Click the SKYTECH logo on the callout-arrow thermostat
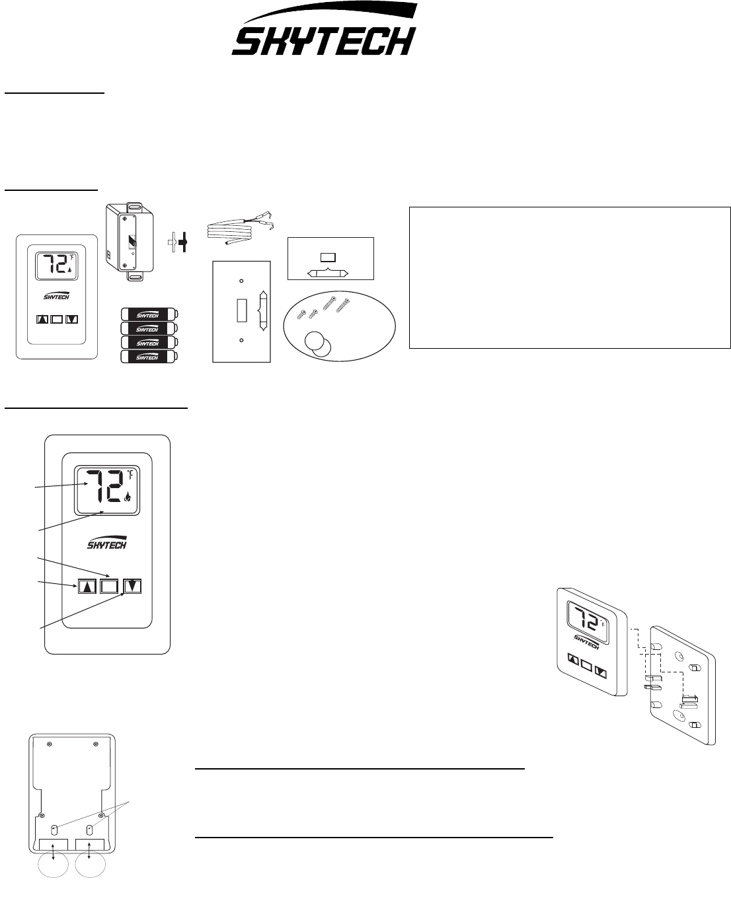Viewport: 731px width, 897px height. [107, 543]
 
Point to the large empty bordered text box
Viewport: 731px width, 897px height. [570, 277]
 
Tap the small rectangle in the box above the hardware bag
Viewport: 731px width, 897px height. [328, 257]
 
